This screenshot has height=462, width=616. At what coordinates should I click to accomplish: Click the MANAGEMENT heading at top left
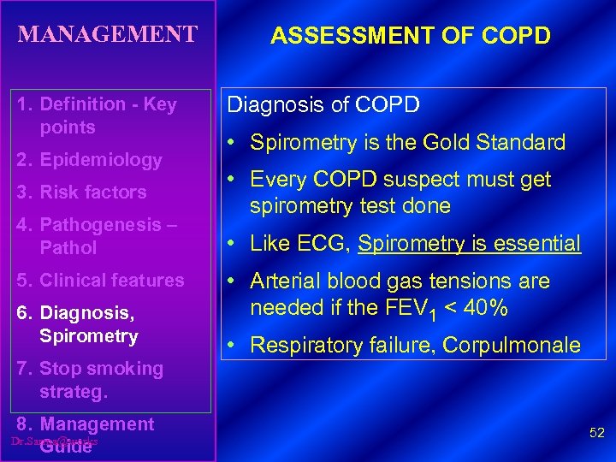(x=108, y=35)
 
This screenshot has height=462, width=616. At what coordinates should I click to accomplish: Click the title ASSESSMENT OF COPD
(x=411, y=37)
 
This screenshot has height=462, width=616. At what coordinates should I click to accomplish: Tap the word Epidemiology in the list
(x=101, y=160)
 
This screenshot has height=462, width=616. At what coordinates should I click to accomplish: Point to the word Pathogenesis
(x=102, y=225)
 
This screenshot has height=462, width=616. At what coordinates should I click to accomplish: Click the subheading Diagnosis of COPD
(x=323, y=105)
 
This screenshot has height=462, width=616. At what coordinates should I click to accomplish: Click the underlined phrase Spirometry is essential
(x=470, y=244)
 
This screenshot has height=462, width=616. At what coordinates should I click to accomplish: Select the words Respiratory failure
(x=341, y=346)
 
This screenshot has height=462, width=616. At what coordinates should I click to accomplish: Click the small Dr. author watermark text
(x=55, y=441)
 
